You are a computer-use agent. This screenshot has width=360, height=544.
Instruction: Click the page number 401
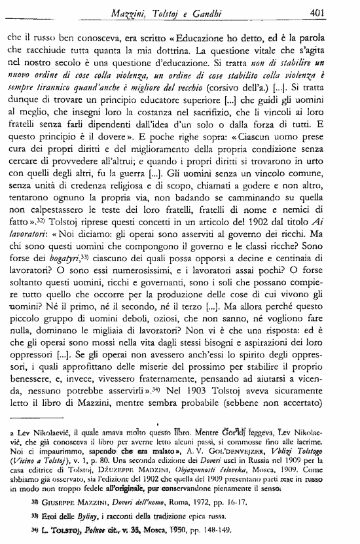pos(335,10)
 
